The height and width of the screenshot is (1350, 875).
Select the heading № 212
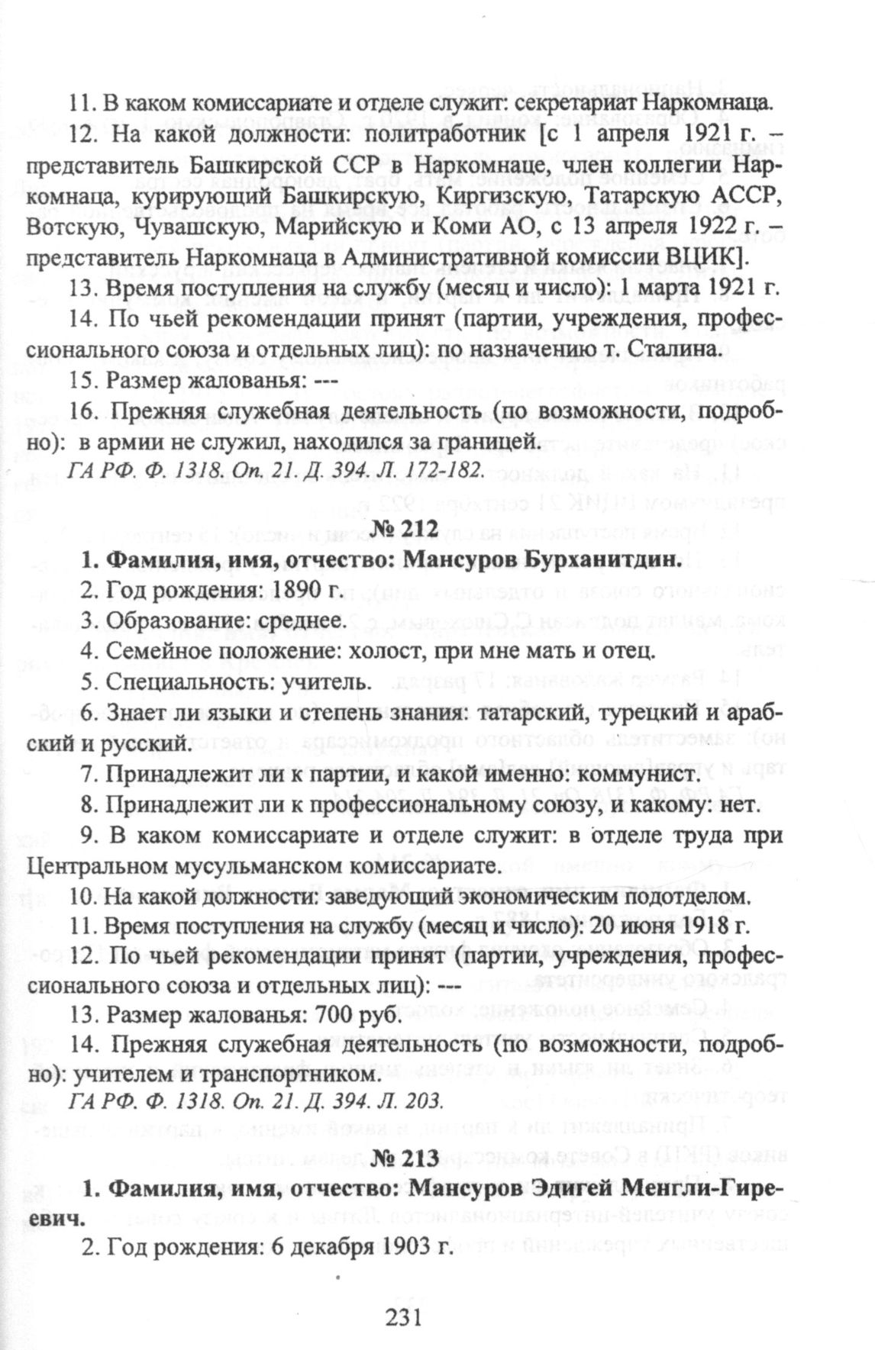click(405, 529)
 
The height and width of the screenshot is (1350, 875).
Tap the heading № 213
click(405, 1158)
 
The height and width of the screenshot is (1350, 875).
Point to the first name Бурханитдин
click(603, 560)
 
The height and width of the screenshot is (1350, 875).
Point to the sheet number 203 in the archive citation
click(421, 1100)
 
